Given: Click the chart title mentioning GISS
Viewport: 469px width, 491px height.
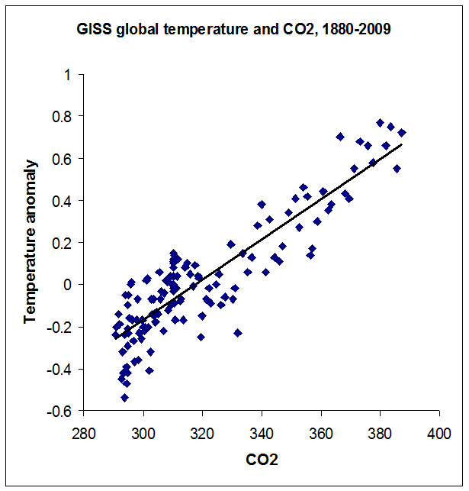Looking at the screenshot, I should [x=234, y=31].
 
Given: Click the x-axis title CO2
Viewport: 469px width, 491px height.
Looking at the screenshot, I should [x=262, y=460].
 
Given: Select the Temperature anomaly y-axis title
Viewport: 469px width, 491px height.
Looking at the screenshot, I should [x=31, y=241].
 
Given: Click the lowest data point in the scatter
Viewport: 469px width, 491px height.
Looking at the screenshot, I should [x=124, y=397].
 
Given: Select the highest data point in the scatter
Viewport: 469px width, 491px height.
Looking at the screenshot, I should [x=380, y=123].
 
